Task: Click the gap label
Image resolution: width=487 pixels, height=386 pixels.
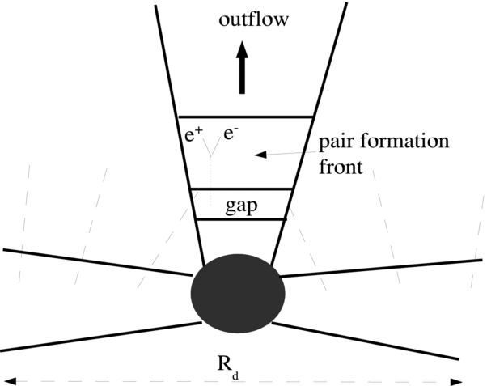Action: [x=241, y=205]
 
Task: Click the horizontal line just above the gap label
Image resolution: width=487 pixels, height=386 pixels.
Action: [x=240, y=189]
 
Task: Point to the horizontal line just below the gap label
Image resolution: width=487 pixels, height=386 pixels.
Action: [x=241, y=219]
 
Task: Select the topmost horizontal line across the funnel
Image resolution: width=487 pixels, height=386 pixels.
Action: [x=245, y=117]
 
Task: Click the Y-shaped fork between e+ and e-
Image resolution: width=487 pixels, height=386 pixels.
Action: [x=212, y=150]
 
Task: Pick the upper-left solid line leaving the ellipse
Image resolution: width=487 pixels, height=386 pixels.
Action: [x=97, y=261]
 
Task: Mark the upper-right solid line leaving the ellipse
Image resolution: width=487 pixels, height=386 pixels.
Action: [x=380, y=268]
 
